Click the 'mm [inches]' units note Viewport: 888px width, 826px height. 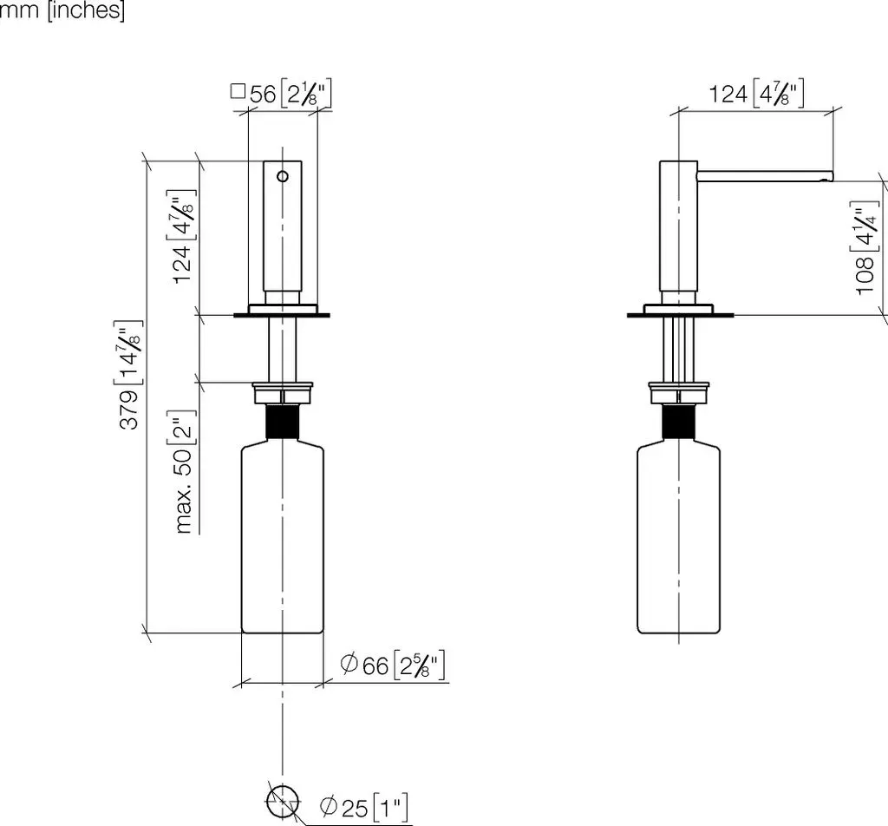click(x=62, y=10)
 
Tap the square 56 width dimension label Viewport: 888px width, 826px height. click(x=281, y=93)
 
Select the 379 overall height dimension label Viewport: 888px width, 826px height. click(x=129, y=375)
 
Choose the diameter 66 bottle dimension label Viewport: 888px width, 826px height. click(x=393, y=665)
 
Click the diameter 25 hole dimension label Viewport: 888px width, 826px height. click(x=363, y=807)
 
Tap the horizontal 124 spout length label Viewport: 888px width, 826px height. click(x=756, y=93)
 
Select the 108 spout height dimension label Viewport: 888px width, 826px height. click(x=865, y=248)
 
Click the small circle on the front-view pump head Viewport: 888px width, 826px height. click(x=283, y=176)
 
